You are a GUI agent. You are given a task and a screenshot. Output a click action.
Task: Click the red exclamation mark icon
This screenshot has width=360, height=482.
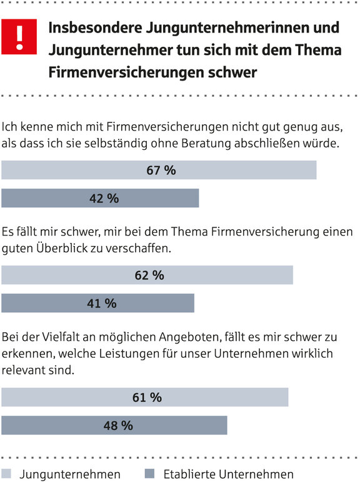click(x=19, y=37)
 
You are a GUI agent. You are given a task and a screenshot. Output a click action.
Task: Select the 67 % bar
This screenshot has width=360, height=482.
click(x=159, y=170)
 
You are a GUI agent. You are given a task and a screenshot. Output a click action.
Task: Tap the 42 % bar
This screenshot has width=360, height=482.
click(x=100, y=199)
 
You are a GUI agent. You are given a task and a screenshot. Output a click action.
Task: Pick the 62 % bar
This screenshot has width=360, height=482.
click(x=147, y=275)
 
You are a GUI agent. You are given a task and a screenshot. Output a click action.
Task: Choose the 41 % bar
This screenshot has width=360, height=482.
click(x=98, y=303)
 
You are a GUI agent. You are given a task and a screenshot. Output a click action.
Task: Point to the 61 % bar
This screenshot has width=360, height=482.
click(x=145, y=397)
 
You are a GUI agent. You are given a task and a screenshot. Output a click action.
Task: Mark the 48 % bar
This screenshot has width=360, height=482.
click(x=114, y=425)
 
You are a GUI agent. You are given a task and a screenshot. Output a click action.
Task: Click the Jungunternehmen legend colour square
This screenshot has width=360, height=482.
click(x=6, y=473)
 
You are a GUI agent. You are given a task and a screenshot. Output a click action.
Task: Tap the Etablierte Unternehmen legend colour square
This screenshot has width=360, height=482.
click(x=149, y=473)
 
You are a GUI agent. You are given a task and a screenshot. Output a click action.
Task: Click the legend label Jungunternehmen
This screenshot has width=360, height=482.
click(x=70, y=475)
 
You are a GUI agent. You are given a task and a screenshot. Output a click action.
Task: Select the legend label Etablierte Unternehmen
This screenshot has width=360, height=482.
click(x=228, y=474)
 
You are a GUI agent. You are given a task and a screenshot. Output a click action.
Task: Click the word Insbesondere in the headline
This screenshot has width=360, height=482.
click(x=96, y=27)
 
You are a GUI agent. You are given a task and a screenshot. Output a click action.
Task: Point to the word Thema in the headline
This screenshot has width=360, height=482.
click(x=318, y=50)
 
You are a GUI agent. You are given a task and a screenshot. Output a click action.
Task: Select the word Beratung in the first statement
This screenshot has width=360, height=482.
click(x=206, y=144)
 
